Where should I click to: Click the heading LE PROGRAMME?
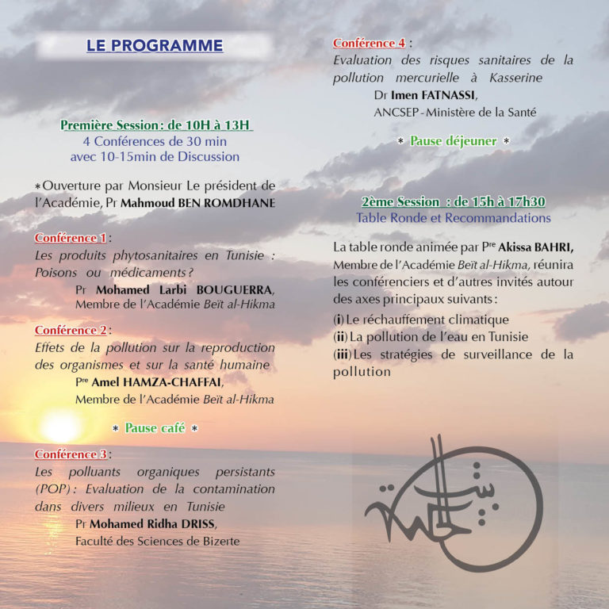click(155, 46)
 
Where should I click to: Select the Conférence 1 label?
click(70, 238)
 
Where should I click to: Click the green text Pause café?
click(155, 428)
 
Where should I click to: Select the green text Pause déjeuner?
click(453, 141)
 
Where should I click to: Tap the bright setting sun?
click(61, 427)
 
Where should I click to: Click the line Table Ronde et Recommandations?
click(453, 217)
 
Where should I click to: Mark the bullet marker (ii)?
click(341, 337)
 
